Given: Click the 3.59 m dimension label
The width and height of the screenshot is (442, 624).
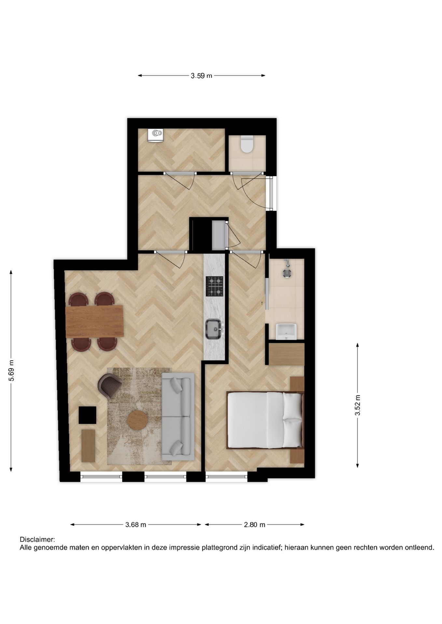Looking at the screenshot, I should (x=201, y=76).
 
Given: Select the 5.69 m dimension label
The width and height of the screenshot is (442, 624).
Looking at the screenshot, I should (x=11, y=370).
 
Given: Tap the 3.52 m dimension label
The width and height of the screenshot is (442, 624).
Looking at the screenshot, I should (x=357, y=405).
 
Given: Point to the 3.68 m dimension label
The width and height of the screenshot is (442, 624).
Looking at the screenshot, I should (x=136, y=525).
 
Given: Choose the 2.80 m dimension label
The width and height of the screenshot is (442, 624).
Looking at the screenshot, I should (x=255, y=525).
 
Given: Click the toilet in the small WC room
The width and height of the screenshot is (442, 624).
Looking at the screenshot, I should (x=247, y=145).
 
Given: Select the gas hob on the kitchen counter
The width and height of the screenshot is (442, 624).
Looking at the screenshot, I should (x=214, y=286).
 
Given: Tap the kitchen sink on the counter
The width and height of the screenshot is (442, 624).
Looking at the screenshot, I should (x=214, y=329).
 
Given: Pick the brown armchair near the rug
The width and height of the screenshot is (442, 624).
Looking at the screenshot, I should (x=109, y=385).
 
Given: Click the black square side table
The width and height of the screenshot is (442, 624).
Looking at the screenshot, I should (x=88, y=415).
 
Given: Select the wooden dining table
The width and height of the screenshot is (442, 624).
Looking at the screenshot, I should (x=94, y=321).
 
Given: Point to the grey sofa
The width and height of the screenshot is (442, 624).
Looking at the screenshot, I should (x=178, y=416).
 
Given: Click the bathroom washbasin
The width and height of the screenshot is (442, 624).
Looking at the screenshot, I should (x=286, y=331).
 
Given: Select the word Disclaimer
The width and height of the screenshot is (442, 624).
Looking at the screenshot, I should (x=37, y=539).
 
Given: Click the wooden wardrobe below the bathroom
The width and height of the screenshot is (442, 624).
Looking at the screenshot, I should (x=286, y=354).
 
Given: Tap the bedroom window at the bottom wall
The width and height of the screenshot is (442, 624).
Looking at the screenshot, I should (x=226, y=477).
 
